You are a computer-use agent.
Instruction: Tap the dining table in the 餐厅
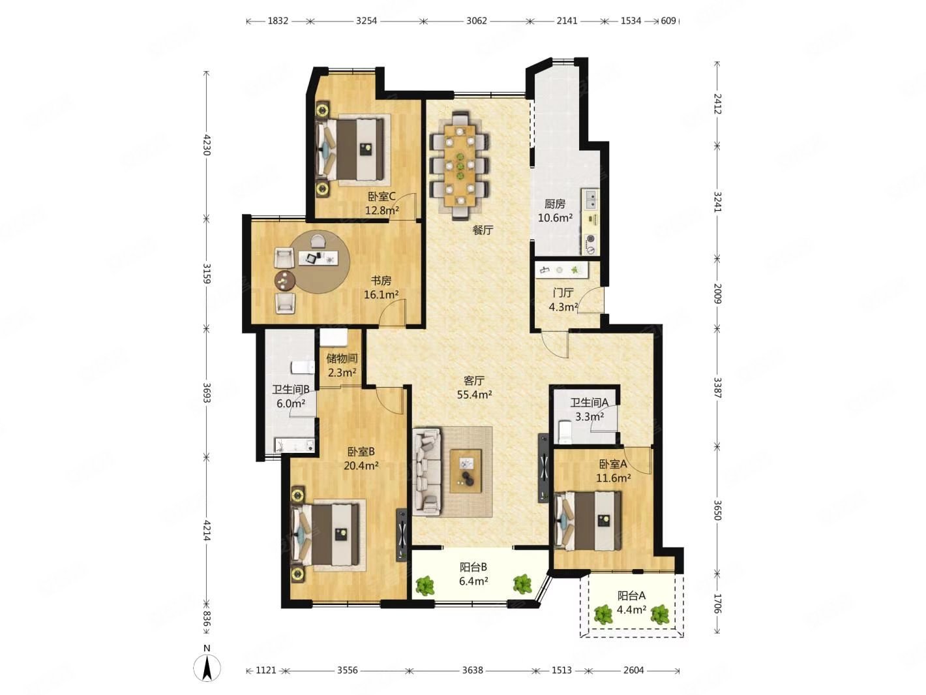(x=460, y=165)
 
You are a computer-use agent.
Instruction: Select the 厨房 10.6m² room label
(x=554, y=211)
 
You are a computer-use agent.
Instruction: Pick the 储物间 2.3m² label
(x=342, y=365)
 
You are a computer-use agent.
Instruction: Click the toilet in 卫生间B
(x=303, y=367)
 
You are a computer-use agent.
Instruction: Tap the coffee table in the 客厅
(x=466, y=471)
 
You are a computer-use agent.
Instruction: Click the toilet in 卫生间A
(x=564, y=431)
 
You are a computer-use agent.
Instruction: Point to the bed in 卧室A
(x=588, y=521)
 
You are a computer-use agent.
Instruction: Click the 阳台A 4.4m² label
(x=631, y=602)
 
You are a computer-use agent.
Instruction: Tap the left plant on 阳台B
(x=425, y=585)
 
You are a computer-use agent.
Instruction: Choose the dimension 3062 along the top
(x=476, y=21)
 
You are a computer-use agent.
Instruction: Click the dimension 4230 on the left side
(x=206, y=145)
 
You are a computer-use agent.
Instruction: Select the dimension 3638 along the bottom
(x=472, y=670)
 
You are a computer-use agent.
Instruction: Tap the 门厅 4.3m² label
(x=563, y=299)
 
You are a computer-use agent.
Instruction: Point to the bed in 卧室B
(x=325, y=535)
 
